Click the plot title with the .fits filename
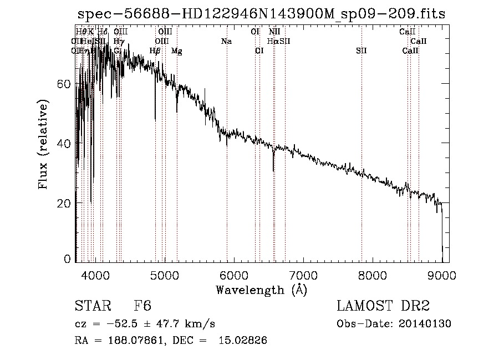261,14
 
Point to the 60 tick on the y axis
65,84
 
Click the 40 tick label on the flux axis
65,144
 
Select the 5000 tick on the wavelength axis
164,276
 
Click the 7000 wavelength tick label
303,276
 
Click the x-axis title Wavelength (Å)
261,290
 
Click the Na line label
226,41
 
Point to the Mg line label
176,51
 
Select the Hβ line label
155,51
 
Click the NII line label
274,32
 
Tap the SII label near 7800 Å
361,51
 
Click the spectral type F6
143,306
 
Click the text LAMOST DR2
383,306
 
